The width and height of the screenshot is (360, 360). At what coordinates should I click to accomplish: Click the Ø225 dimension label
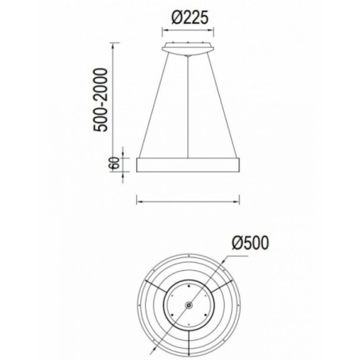tap(190, 18)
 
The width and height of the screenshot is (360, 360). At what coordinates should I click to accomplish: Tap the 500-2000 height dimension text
tap(101, 100)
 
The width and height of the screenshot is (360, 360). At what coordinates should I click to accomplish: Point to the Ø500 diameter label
tap(250, 243)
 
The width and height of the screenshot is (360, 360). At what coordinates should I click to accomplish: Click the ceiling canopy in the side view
tap(188, 49)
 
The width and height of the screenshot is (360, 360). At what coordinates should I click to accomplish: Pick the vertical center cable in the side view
tap(188, 107)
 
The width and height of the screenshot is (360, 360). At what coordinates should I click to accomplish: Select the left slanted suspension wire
tap(154, 105)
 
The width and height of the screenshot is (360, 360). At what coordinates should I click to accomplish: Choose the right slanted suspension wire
tap(222, 105)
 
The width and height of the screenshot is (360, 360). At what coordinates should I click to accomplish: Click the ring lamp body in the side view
tap(188, 165)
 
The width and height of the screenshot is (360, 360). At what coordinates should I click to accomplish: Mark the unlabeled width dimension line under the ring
tap(188, 202)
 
